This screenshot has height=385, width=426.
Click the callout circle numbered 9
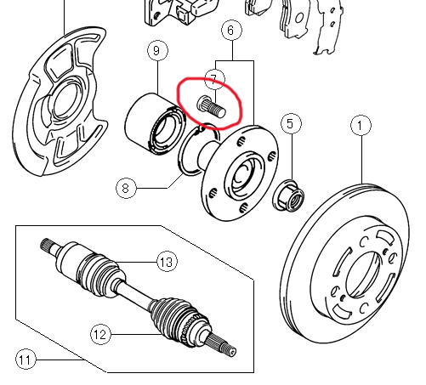coord(157,50)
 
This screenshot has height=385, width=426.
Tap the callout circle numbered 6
coord(231,30)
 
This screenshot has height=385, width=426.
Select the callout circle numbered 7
coord(214,79)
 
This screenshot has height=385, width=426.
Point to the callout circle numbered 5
coord(291,124)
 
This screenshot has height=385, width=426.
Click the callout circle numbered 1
coord(361,126)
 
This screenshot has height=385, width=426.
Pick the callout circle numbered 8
coord(126,188)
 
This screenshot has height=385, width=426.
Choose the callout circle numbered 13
coord(167,262)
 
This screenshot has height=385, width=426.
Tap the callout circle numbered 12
coord(100,335)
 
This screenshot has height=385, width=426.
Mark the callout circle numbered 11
coord(26,360)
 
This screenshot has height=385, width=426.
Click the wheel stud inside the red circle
coord(211,107)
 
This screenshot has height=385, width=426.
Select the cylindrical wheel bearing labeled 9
coord(155,124)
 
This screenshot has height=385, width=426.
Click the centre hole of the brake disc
coord(362,275)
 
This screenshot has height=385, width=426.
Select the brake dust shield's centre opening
coord(68,99)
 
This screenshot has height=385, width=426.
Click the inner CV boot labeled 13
coord(100,274)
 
